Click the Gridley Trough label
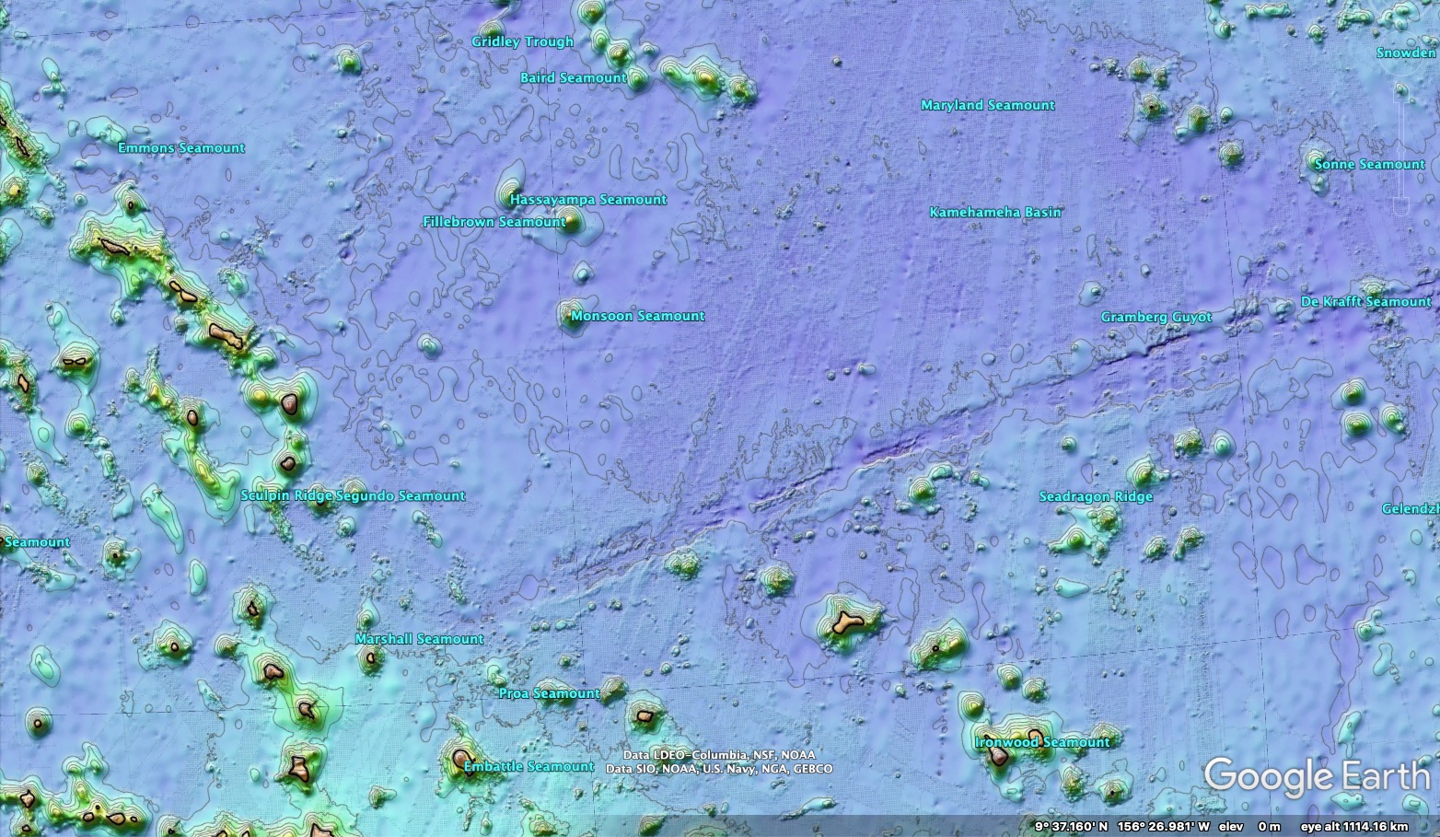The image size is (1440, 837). click(x=522, y=41)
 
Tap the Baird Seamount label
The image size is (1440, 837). click(x=573, y=78)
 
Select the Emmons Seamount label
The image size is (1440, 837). click(x=181, y=148)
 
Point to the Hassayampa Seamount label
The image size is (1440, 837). click(x=587, y=200)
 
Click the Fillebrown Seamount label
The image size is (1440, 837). click(x=494, y=222)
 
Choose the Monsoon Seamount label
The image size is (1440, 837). click(x=637, y=316)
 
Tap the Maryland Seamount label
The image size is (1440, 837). click(x=987, y=106)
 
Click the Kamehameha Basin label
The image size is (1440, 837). click(x=994, y=213)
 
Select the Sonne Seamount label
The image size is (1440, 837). click(x=1368, y=165)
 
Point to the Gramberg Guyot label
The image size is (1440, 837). click(x=1155, y=318)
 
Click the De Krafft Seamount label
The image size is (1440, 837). click(x=1365, y=302)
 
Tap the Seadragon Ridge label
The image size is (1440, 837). click(x=1095, y=497)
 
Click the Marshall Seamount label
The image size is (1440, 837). click(x=419, y=639)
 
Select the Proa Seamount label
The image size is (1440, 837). click(x=549, y=693)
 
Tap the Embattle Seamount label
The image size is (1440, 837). click(x=528, y=767)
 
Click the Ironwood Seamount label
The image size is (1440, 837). click(x=1041, y=742)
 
